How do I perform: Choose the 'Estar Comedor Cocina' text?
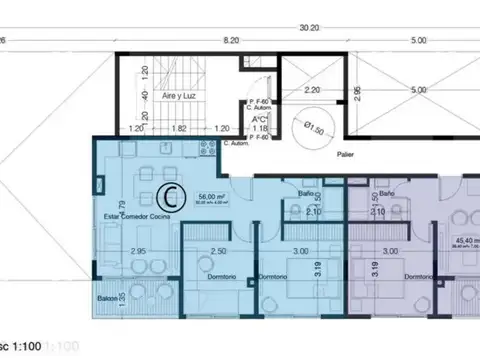[x=136, y=216]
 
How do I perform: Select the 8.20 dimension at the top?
[x=231, y=41]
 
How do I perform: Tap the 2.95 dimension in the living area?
[x=139, y=251]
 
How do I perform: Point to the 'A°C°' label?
[x=257, y=117]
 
